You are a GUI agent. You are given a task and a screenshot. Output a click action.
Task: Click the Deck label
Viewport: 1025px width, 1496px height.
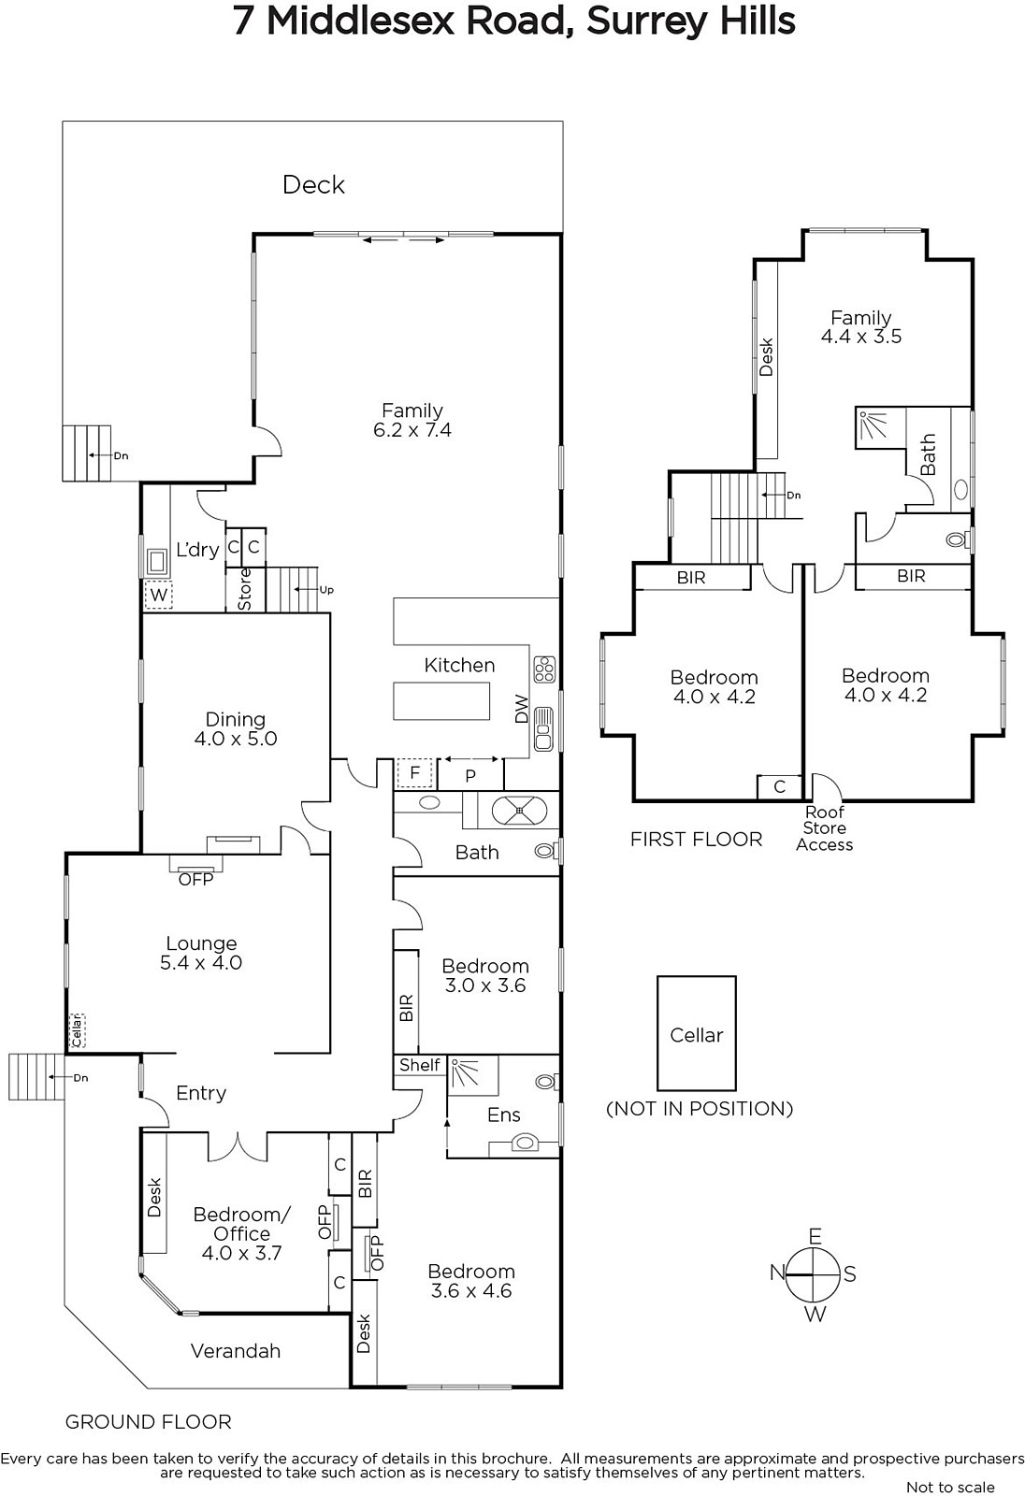(x=313, y=185)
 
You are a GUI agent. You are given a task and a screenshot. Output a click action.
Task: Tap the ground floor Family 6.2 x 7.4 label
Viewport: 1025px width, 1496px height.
(x=412, y=420)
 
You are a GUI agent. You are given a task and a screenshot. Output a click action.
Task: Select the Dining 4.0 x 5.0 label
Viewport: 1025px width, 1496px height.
(x=235, y=728)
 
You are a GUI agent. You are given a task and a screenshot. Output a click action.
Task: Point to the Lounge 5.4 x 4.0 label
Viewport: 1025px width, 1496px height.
(x=201, y=953)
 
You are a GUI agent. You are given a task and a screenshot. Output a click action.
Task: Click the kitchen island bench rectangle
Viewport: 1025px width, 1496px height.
(x=441, y=700)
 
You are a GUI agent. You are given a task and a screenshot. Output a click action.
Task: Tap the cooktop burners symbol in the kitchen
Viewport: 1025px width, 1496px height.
(x=544, y=669)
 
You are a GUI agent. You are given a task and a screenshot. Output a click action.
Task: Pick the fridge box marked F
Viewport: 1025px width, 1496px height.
(x=415, y=773)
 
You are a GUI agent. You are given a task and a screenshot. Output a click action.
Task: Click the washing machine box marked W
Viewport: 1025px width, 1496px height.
(x=158, y=595)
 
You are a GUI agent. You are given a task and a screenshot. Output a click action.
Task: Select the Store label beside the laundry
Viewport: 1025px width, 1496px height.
(x=245, y=589)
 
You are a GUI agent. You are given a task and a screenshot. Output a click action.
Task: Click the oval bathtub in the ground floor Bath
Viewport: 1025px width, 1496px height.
(x=519, y=811)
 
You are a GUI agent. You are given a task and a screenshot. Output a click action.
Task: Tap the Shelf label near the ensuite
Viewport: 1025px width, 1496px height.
(x=420, y=1065)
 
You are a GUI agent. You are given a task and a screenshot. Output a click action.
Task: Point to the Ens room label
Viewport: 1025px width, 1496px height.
(x=504, y=1115)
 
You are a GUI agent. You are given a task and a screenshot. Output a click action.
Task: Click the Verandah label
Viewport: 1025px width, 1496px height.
(x=235, y=1351)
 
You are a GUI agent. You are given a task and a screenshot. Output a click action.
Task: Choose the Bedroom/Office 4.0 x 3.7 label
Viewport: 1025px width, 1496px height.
(x=241, y=1233)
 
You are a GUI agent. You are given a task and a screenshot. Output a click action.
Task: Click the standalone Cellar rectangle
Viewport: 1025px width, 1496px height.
(x=696, y=1033)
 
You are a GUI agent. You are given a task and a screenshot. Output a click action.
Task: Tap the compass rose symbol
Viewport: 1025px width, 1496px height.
(x=814, y=1274)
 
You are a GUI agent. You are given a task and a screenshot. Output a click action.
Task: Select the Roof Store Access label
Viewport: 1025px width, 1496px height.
(x=825, y=828)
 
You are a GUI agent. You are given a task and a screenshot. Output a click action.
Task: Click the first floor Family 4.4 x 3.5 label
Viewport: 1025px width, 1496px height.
(x=860, y=326)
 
